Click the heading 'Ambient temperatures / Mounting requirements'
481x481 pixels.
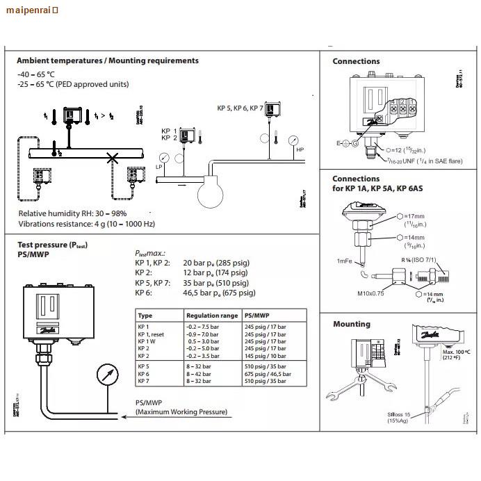[107, 61]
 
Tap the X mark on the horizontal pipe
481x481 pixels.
[112, 158]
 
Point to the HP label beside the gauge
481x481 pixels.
[300, 149]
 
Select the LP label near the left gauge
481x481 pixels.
[158, 167]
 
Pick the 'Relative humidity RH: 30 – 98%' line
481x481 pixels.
[72, 213]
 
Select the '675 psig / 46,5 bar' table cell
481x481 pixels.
[268, 374]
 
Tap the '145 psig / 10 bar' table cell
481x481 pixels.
[266, 356]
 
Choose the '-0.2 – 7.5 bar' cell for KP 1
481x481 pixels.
[203, 327]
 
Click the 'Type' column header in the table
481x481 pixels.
[145, 316]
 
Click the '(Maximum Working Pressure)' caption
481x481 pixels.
[181, 412]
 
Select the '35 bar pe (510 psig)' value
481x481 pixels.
[215, 283]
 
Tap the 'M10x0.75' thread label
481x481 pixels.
[372, 293]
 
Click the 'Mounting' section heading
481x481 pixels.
[351, 324]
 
